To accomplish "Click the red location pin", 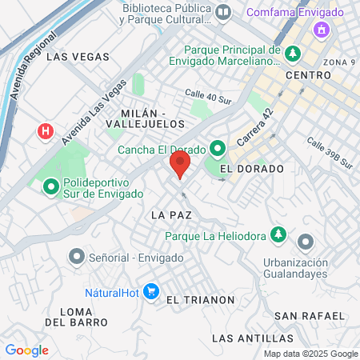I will pos(180,166).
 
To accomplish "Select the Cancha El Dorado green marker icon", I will pos(217,149).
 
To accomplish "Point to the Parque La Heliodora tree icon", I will pos(278,235).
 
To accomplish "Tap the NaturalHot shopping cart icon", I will pos(150,292).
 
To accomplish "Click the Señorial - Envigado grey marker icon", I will pos(76,257).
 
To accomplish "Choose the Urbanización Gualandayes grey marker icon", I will pos(305,242).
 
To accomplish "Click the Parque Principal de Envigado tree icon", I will pos(294,53).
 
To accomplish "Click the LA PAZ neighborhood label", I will pos(168,215).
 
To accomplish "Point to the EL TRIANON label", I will pos(200,299).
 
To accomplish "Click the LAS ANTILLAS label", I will pos(248,338).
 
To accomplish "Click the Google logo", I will pos(26,350).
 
